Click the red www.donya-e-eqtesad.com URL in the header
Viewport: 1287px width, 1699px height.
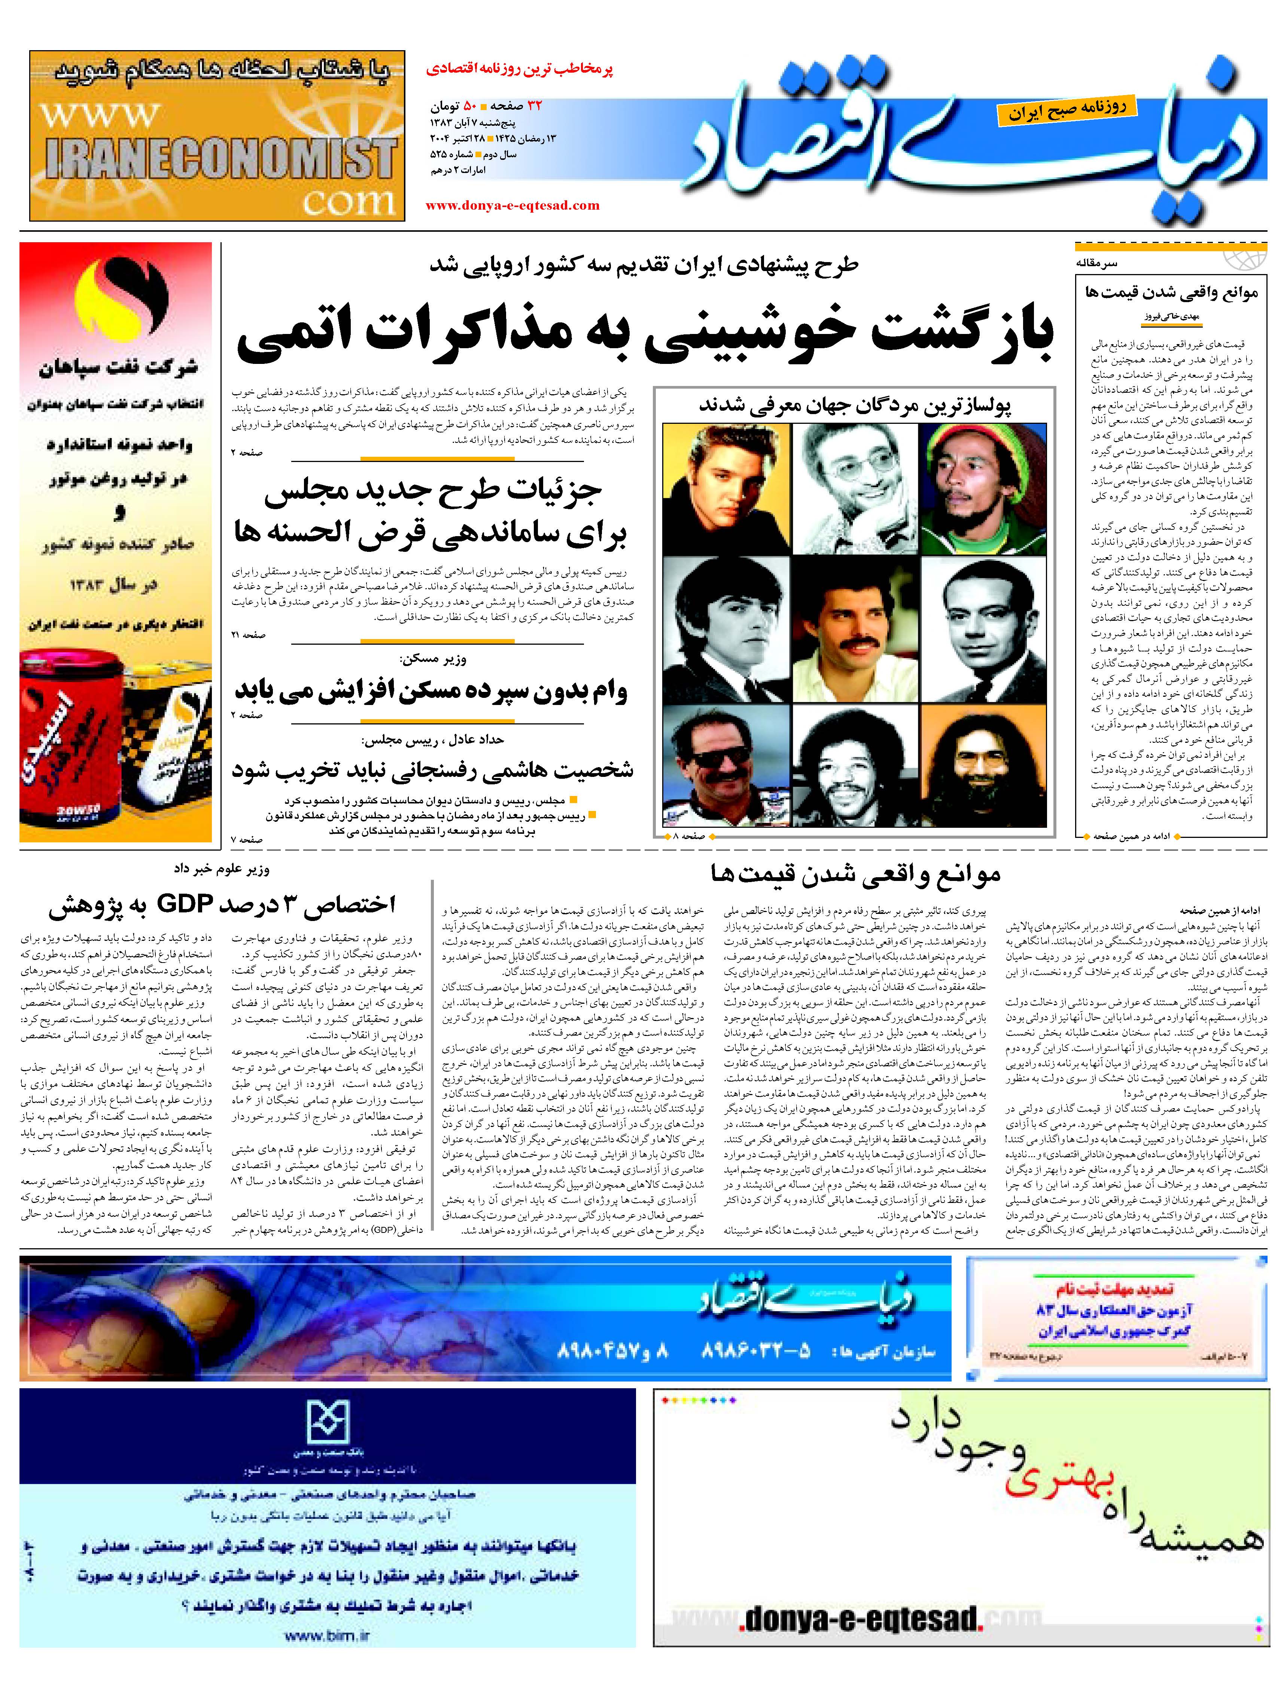point(512,205)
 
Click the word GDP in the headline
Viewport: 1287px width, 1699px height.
point(184,904)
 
